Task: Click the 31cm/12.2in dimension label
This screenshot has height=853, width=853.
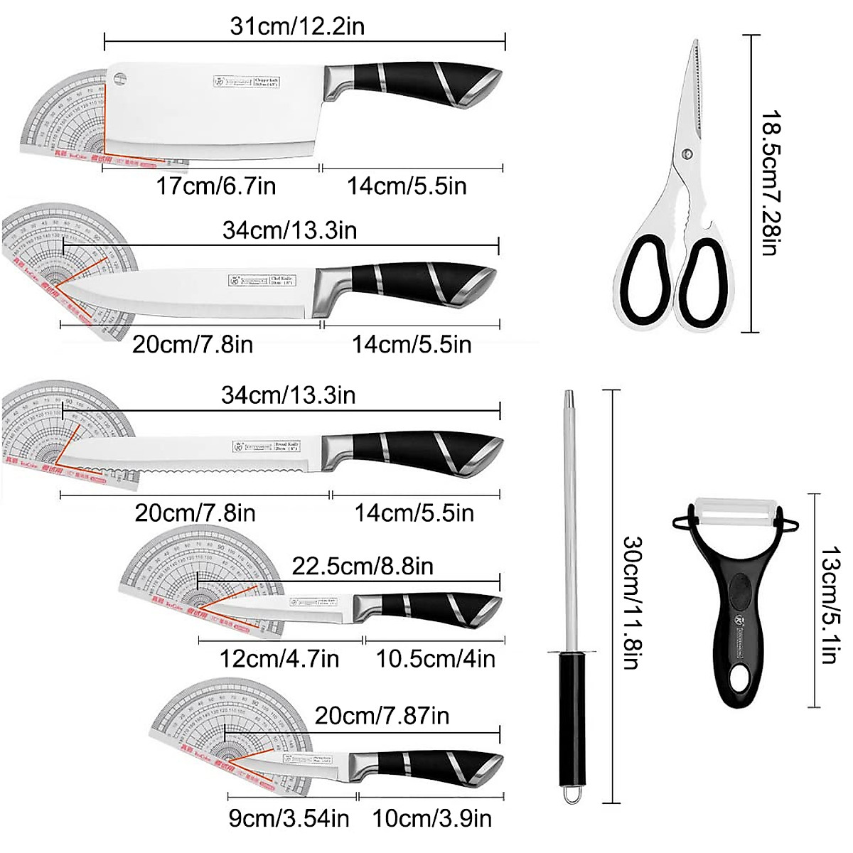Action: point(297,26)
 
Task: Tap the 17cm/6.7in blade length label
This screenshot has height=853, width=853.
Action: point(215,186)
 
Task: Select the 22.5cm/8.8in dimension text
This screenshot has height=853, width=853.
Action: point(362,566)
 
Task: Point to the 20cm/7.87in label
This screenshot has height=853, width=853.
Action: point(382,715)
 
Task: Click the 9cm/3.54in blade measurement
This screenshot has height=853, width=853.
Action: point(289,818)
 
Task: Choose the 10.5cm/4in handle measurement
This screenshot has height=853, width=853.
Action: point(435,658)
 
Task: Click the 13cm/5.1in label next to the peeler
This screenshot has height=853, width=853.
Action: point(829,604)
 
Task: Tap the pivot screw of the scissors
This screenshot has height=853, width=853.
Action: point(686,153)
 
